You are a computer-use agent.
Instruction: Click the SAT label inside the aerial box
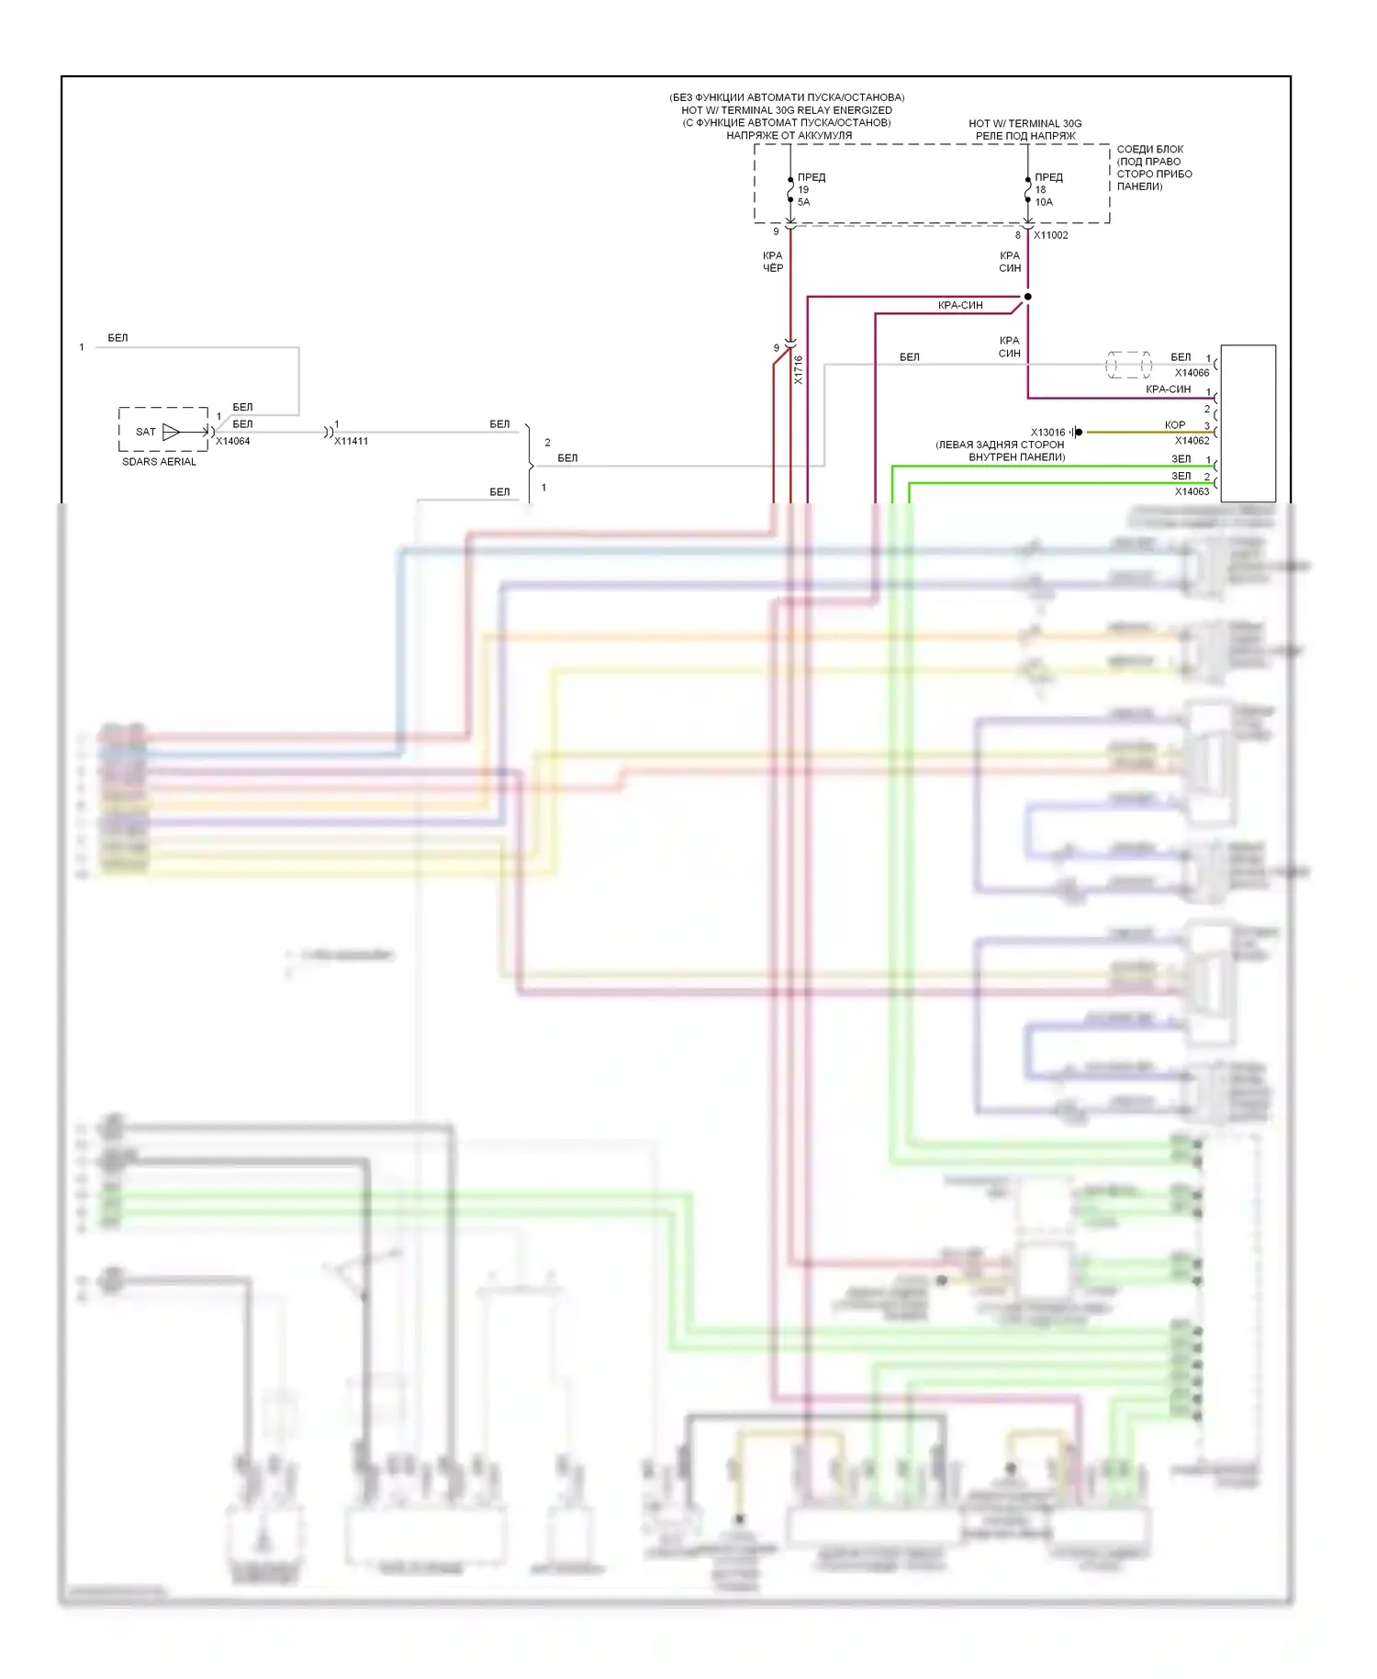[145, 432]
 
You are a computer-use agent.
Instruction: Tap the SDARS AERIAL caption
[159, 462]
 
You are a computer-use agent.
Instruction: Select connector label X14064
[232, 442]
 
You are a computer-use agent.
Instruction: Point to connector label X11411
[351, 442]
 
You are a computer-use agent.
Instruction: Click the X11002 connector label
[1051, 235]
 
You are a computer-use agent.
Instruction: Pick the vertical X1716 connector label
[798, 370]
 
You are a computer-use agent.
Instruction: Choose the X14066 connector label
[1192, 373]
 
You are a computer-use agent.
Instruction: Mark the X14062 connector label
[1192, 441]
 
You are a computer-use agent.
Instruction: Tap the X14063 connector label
[1192, 492]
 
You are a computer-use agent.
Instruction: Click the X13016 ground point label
[1047, 433]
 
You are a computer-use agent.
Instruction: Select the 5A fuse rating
[804, 202]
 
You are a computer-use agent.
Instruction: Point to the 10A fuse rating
[1044, 202]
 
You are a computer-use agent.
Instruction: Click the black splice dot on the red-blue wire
[1027, 297]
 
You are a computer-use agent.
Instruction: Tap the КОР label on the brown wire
[1174, 425]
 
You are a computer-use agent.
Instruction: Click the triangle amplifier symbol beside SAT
[172, 432]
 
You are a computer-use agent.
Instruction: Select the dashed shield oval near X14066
[1128, 365]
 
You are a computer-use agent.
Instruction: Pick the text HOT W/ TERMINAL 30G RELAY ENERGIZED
[787, 110]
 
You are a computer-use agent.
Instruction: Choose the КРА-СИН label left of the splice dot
[960, 306]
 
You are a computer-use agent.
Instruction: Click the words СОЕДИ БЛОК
[1149, 149]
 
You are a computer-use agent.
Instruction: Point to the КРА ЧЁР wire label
[773, 262]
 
